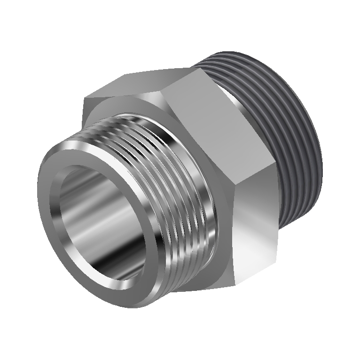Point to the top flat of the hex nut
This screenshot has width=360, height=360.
coord(146,85)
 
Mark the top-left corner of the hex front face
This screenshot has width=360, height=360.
coord(85,99)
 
